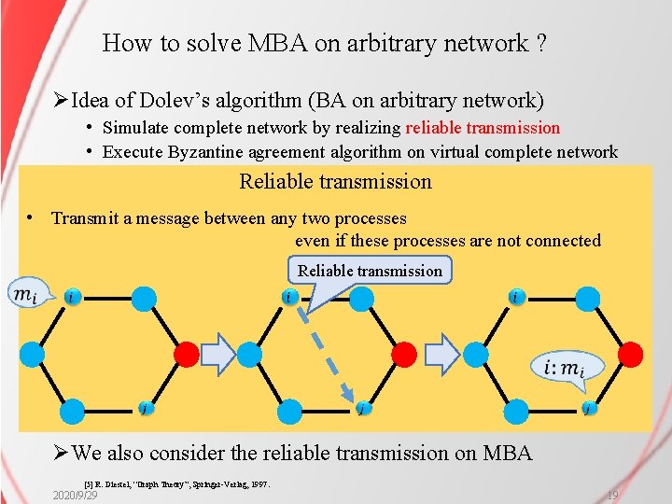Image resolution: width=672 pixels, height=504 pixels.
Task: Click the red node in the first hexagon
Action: point(187,354)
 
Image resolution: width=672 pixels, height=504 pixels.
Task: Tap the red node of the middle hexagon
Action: point(403,354)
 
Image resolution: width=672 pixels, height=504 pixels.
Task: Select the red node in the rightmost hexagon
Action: point(631,354)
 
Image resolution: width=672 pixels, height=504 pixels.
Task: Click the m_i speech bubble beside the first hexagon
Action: point(25,295)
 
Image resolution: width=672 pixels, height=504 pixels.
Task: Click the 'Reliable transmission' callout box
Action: point(370,271)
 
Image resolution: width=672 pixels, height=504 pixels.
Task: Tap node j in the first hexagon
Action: point(143,408)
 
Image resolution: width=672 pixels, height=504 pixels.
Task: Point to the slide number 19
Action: point(613,495)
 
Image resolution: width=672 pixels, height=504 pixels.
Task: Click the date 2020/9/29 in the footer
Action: point(76,495)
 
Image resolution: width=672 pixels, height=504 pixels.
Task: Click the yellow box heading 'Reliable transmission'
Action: point(335,181)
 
